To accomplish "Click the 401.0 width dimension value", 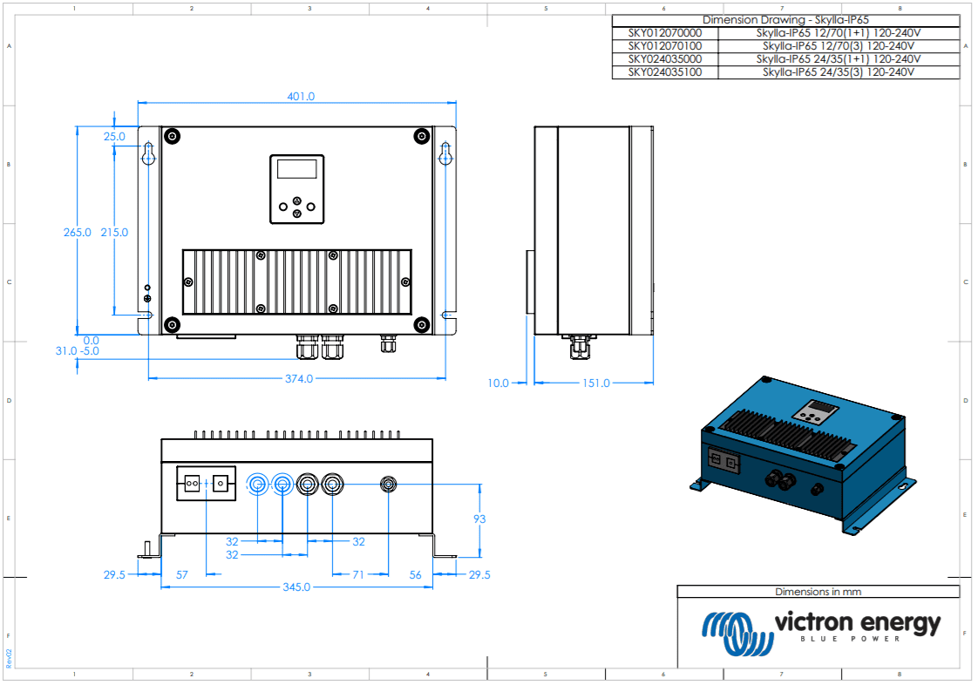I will click(301, 97).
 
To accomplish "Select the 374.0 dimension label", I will click(299, 379).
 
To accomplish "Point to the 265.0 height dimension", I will click(77, 233).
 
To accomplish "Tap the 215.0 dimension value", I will click(114, 233).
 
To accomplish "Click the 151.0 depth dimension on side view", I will click(595, 383).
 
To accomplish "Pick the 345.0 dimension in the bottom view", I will click(295, 587).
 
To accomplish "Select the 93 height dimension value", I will click(479, 519).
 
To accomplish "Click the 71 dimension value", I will click(358, 574).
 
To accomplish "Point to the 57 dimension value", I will click(182, 574).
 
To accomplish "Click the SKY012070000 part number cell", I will click(665, 33).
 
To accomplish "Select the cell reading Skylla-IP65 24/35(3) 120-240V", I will click(839, 72).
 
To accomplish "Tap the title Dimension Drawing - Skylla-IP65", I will click(784, 20).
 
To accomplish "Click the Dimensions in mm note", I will click(818, 592).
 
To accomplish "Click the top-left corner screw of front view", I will click(173, 137).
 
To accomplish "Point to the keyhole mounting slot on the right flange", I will click(445, 155).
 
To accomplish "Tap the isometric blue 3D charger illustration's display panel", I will click(817, 410).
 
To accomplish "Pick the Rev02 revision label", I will click(9, 658).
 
